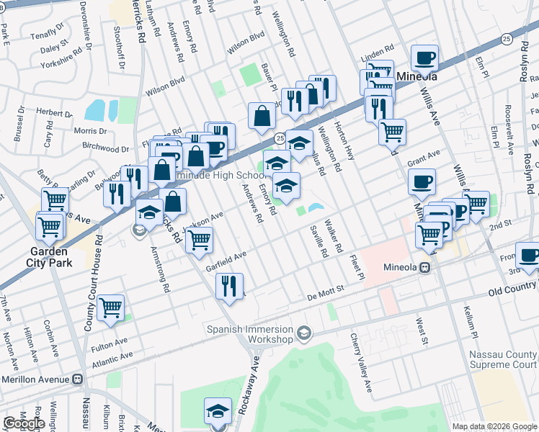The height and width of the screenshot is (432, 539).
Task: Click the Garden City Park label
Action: click(48, 258)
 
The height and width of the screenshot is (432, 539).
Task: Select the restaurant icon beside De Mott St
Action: click(230, 287)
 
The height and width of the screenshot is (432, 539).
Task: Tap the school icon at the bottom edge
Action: click(218, 410)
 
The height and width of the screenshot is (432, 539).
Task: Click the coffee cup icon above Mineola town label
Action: click(424, 58)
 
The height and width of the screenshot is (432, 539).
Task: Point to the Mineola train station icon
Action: click(426, 267)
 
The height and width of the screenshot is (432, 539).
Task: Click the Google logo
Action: click(24, 423)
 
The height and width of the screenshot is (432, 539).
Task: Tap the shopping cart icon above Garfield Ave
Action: click(199, 240)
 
